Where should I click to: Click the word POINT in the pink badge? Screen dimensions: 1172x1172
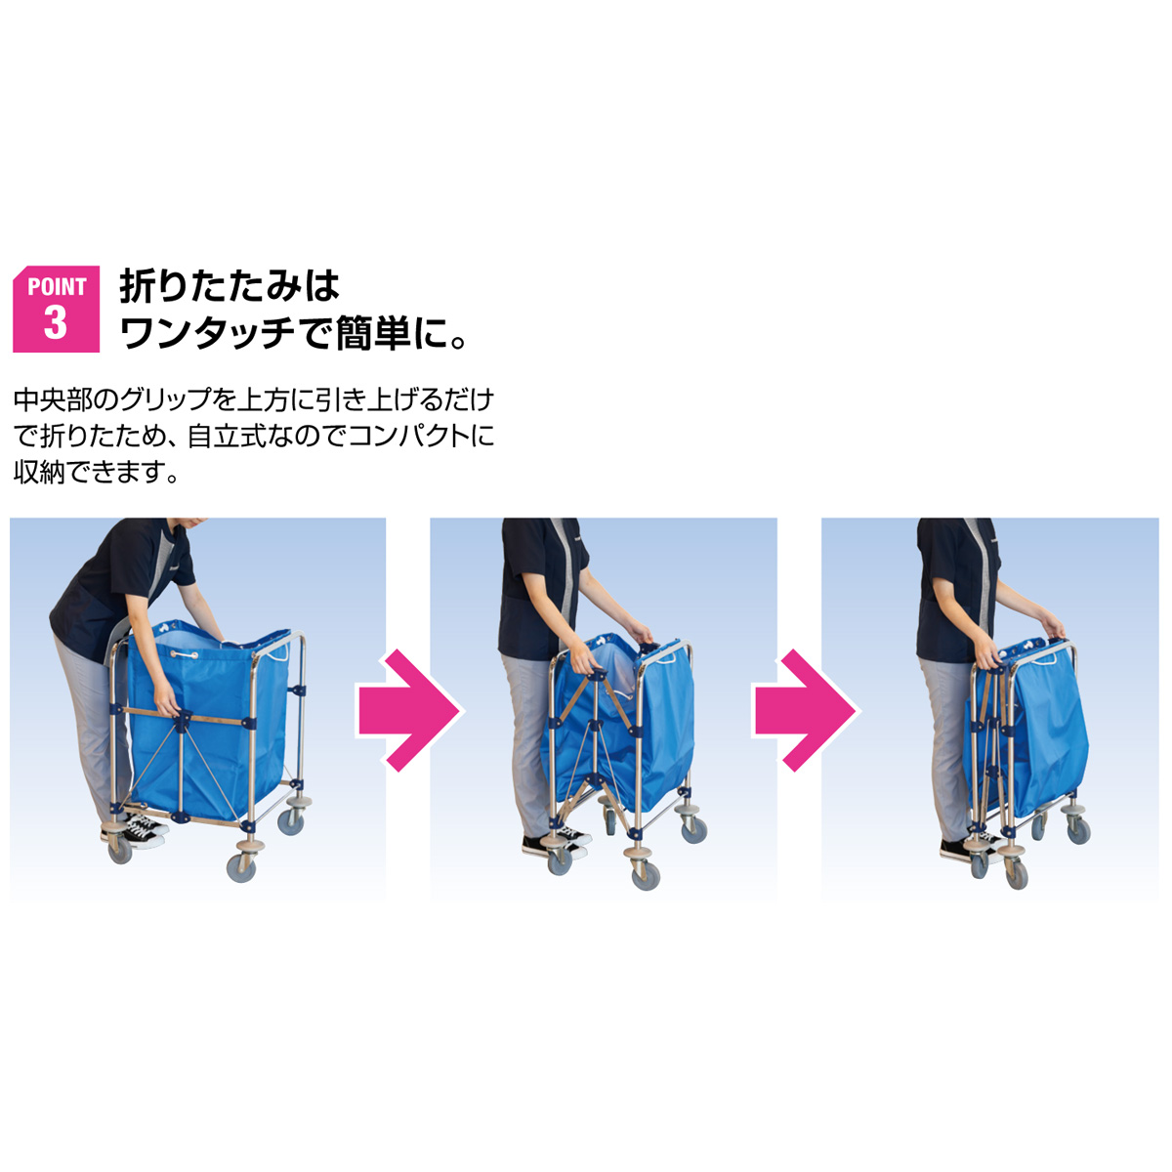pyautogui.click(x=57, y=286)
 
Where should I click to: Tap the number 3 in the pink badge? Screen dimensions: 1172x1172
pyautogui.click(x=56, y=322)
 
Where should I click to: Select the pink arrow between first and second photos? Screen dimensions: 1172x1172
pyautogui.click(x=408, y=710)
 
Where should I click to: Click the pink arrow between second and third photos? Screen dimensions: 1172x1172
pyautogui.click(x=805, y=710)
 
